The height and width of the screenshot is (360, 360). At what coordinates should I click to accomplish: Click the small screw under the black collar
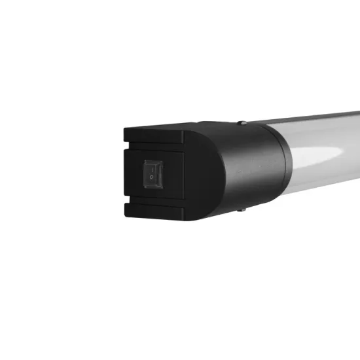pos(242,209)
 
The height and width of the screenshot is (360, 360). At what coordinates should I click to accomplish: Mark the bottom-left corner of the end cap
pos(125,219)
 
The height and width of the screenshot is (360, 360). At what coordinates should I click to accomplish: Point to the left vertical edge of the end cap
pos(124,173)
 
